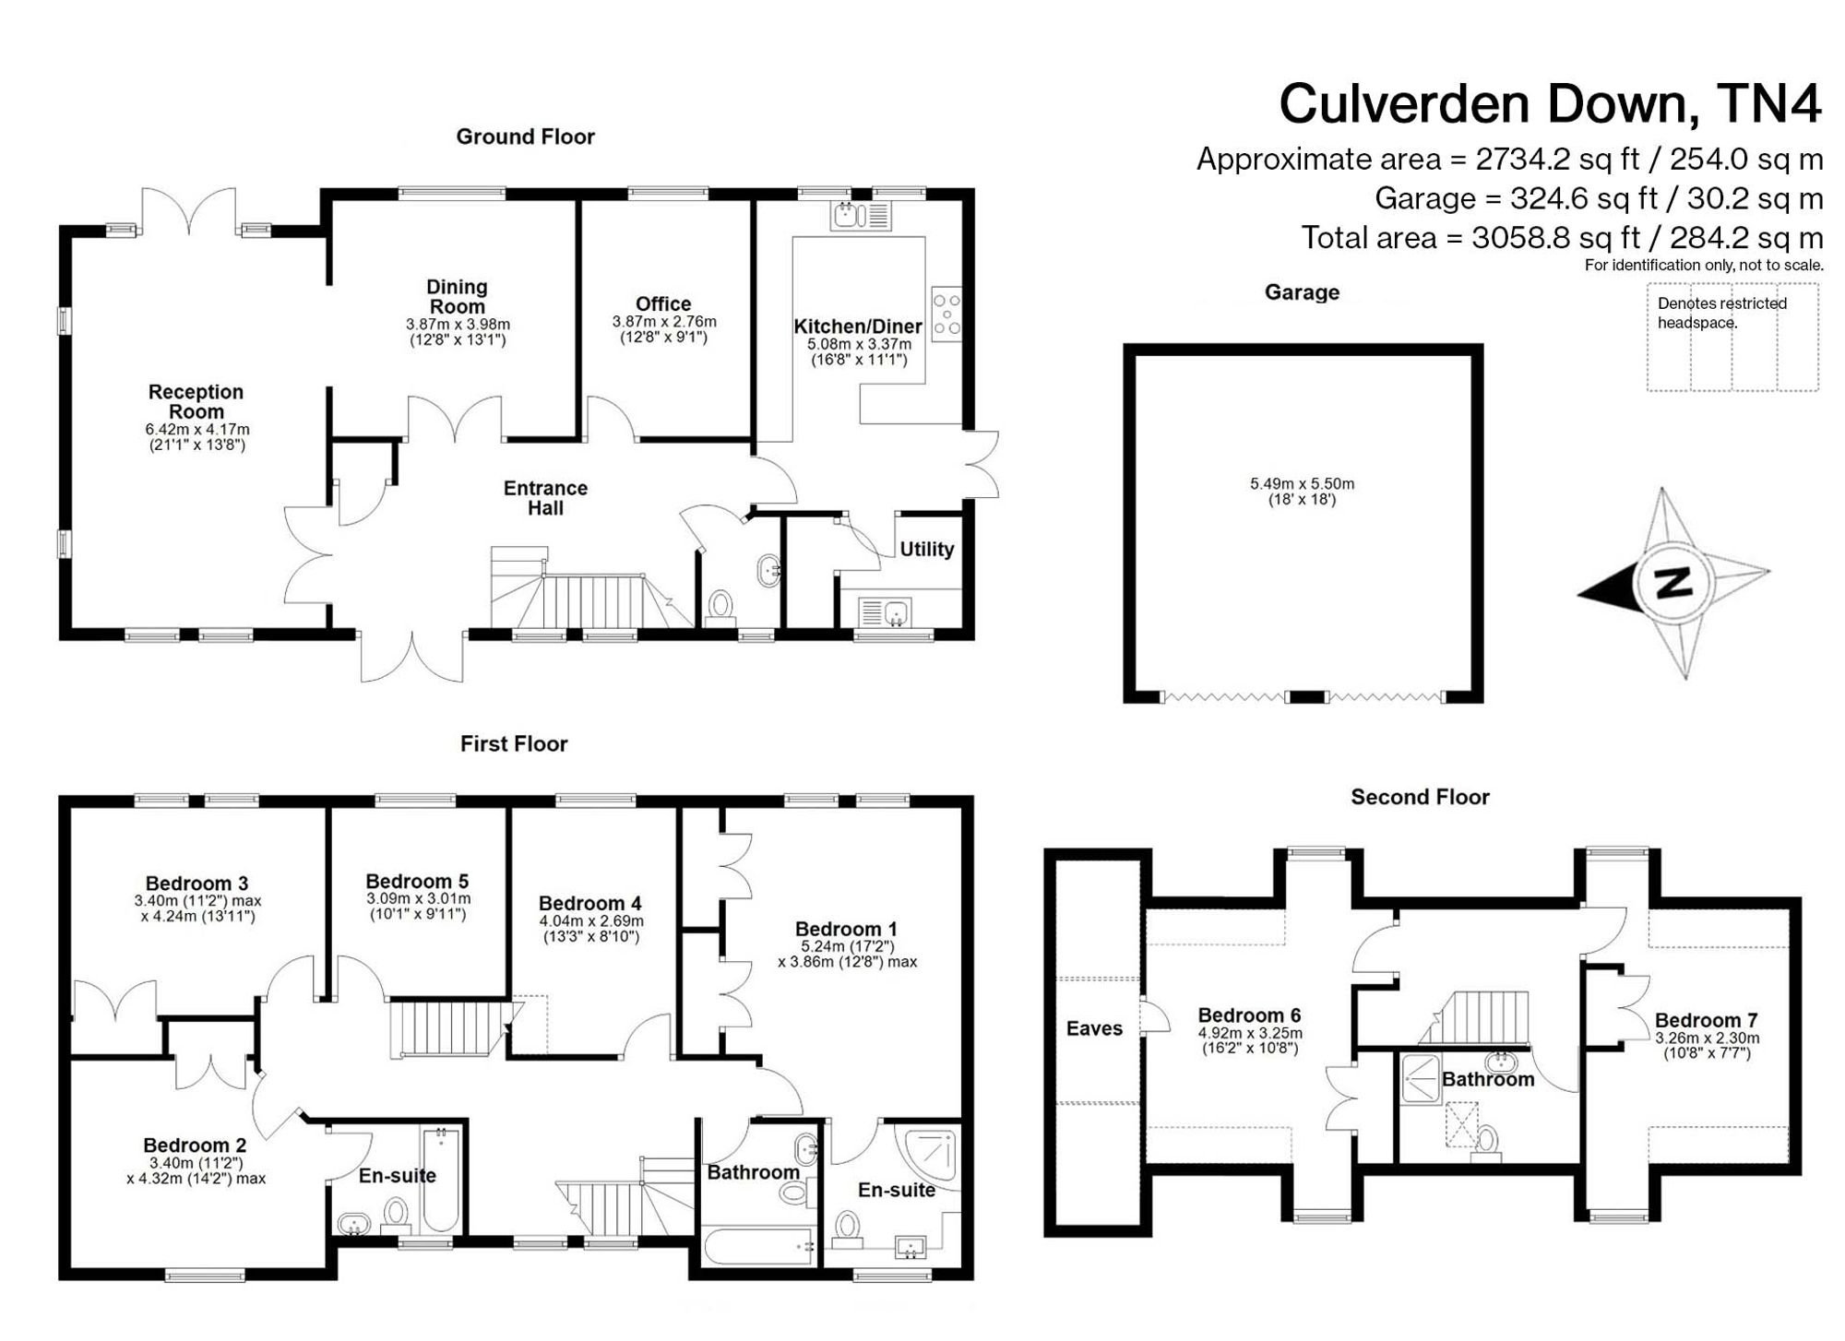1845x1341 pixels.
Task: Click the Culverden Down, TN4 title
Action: (x=1550, y=103)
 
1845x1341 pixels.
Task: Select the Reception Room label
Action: (x=196, y=401)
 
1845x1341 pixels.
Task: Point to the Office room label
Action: (x=663, y=303)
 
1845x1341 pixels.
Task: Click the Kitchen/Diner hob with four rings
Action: (x=946, y=314)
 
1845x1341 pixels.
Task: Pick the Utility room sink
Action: (x=885, y=612)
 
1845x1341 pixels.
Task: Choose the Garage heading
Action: (x=1302, y=292)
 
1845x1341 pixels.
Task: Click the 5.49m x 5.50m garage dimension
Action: (x=1302, y=483)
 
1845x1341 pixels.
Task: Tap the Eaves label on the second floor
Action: (x=1094, y=1028)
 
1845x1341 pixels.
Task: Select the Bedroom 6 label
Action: (x=1249, y=1015)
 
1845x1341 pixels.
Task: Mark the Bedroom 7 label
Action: (x=1706, y=1020)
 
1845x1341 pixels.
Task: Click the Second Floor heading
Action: (x=1420, y=797)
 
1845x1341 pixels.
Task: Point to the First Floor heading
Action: (x=514, y=743)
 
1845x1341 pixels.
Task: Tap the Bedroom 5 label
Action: (x=417, y=881)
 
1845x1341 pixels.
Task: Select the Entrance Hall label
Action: (x=545, y=498)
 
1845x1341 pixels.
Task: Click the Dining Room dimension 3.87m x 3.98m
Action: (x=458, y=325)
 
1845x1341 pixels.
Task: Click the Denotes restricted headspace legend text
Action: (x=1721, y=313)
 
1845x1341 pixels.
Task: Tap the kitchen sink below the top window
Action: (x=862, y=216)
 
